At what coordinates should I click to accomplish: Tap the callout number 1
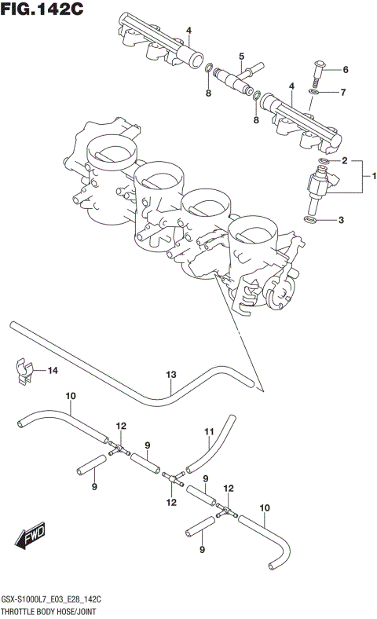click(x=374, y=175)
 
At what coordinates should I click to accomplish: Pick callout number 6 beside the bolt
click(x=344, y=69)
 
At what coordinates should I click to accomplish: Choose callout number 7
click(x=342, y=93)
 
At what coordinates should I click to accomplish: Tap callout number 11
click(x=209, y=431)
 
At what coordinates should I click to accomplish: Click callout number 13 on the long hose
click(x=170, y=375)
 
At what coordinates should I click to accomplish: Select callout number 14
click(x=52, y=370)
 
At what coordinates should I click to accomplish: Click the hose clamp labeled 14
click(x=24, y=371)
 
